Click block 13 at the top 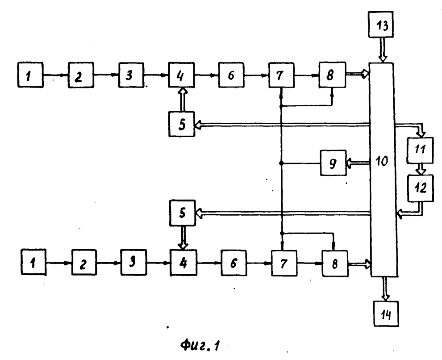tap(380, 25)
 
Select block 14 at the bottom tap(386, 314)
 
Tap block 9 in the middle tap(333, 163)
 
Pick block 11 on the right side tap(420, 150)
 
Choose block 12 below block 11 tap(421, 188)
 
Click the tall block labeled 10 tap(384, 169)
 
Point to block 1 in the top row tap(30, 75)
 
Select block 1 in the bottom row tap(33, 262)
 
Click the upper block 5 tap(182, 124)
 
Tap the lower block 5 tap(183, 213)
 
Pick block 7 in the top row tap(281, 75)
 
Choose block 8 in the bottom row tap(335, 264)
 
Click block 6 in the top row tap(231, 75)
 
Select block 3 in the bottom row tap(133, 262)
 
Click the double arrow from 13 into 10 tap(382, 50)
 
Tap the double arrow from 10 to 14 tap(385, 289)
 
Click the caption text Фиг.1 tap(200, 345)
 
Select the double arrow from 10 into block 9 tap(358, 163)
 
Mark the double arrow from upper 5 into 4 tap(183, 99)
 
